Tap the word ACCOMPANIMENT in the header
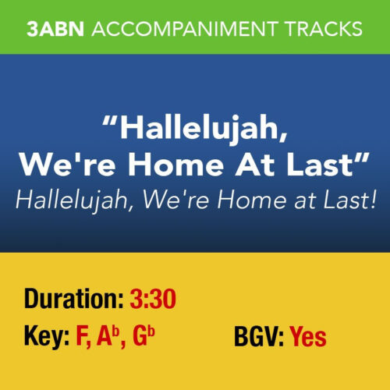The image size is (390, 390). pos(181,29)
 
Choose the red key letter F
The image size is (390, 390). pos(83,337)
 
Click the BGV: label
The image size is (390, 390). pos(259,337)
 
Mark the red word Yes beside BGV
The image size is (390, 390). pos(309,337)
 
